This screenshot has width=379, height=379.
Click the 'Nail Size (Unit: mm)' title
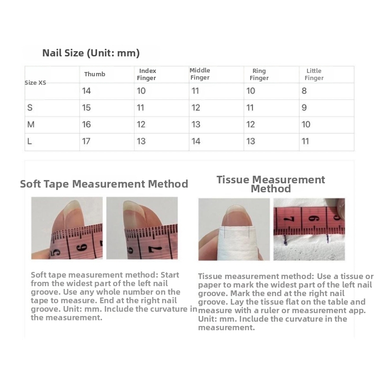(91, 53)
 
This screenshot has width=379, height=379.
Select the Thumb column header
(95, 74)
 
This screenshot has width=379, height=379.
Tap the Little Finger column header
(314, 74)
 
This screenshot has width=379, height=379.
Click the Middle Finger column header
(199, 74)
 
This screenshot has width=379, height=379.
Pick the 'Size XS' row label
(35, 82)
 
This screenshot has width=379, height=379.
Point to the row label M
(31, 125)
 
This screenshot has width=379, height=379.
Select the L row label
(29, 141)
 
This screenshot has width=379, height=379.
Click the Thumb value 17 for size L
(86, 141)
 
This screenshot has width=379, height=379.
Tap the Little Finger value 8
(304, 91)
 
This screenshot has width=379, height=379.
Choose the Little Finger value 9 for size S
(304, 108)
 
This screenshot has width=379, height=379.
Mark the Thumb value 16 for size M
(86, 125)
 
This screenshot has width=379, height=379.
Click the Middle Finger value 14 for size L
(196, 141)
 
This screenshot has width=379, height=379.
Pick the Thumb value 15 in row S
(86, 108)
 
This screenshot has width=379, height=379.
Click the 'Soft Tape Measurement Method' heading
(104, 184)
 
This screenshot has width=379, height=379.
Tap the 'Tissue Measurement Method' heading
(271, 184)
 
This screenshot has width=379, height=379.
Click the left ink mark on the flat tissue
(286, 240)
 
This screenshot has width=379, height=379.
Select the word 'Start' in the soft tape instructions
(170, 275)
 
